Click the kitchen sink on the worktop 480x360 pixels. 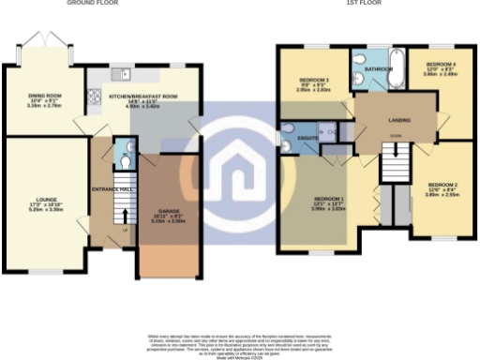tap(123, 73)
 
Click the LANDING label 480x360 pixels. tap(394, 119)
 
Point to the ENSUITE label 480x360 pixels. tap(307, 137)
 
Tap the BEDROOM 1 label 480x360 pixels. tap(328, 199)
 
